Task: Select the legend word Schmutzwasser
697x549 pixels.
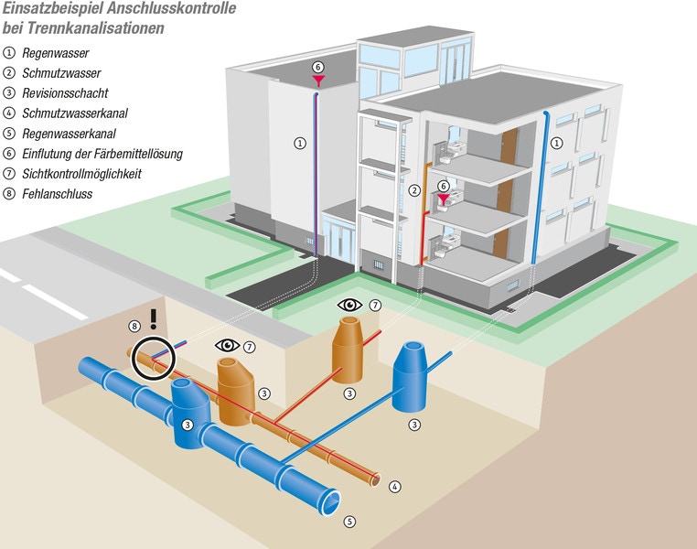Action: tap(61, 73)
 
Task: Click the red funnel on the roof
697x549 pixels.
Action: tap(318, 81)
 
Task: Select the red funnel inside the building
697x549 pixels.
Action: tap(445, 199)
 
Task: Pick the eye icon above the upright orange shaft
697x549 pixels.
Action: tap(350, 303)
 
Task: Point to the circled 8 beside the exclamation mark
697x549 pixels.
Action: tap(134, 325)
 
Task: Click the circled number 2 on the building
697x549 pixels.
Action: tap(414, 190)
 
